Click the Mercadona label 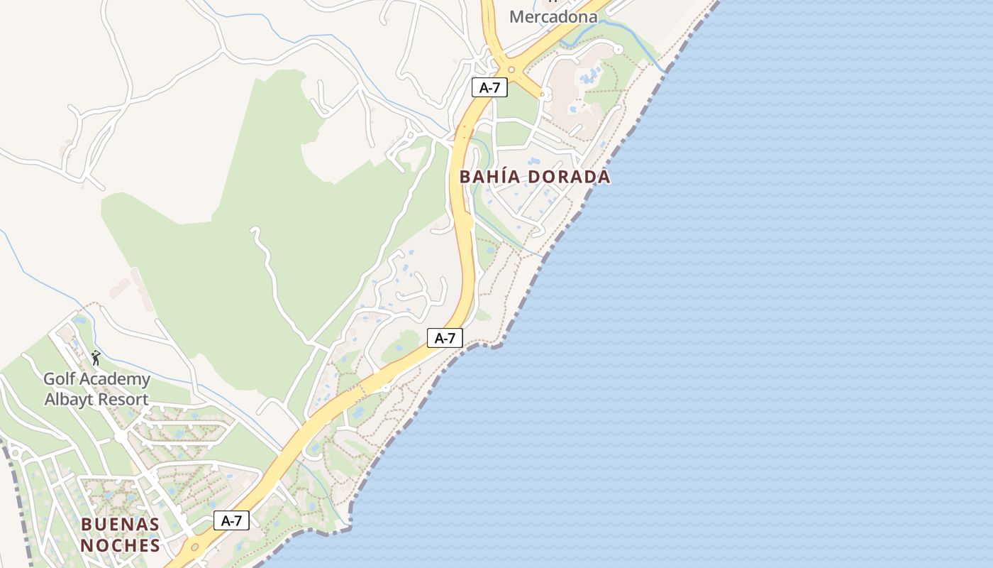tap(553, 16)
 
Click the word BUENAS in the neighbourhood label tap(120, 525)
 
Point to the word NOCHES tap(120, 545)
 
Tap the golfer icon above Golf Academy tap(96, 358)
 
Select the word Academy tap(115, 379)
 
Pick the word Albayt tap(70, 399)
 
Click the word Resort tap(123, 399)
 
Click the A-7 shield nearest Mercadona tap(489, 88)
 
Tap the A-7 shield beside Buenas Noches tap(231, 520)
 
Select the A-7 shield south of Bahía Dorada tap(445, 338)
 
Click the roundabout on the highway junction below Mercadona tap(511, 69)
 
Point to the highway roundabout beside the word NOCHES tap(194, 547)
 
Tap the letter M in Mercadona tap(517, 16)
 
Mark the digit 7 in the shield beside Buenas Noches tap(240, 520)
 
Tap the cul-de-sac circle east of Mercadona tap(618, 50)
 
